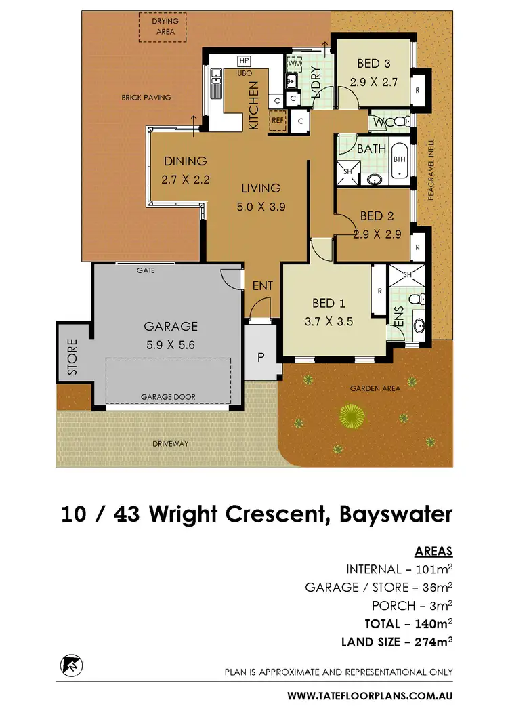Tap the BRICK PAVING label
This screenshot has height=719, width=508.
pyautogui.click(x=146, y=98)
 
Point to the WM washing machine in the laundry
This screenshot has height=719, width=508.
pyautogui.click(x=295, y=64)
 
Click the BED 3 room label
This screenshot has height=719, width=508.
pyautogui.click(x=373, y=64)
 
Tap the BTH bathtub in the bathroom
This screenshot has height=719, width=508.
pyautogui.click(x=400, y=160)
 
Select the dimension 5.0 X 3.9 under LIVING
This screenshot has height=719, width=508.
pyautogui.click(x=262, y=208)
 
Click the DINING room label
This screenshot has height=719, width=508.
pyautogui.click(x=185, y=161)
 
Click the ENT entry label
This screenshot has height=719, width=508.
pyautogui.click(x=262, y=286)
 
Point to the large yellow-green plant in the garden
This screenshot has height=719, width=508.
pyautogui.click(x=351, y=415)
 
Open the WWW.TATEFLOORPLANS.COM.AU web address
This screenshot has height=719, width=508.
pyautogui.click(x=369, y=695)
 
